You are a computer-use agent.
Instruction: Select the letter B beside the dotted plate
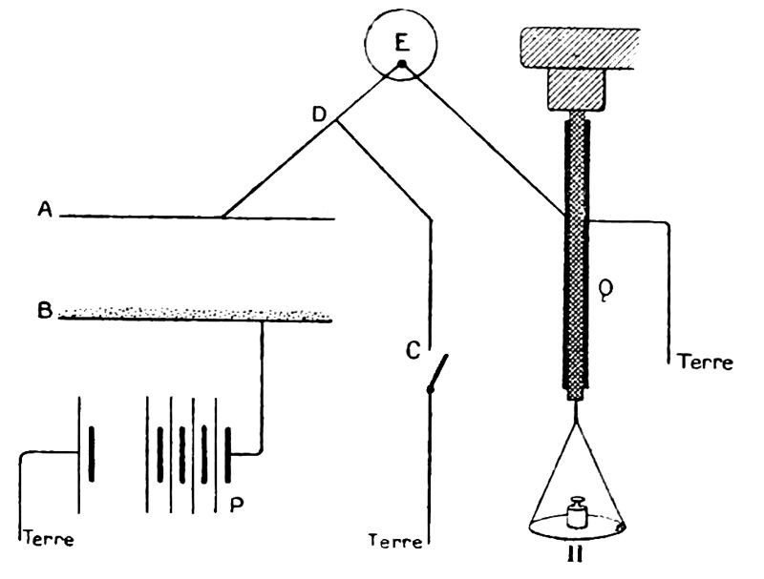tap(45, 310)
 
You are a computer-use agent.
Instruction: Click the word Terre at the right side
tap(704, 362)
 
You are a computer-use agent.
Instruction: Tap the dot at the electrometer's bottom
tap(402, 64)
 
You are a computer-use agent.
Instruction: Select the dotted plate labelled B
tap(196, 313)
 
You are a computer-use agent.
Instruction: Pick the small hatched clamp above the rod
tap(574, 93)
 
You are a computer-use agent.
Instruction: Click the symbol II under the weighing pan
tap(576, 554)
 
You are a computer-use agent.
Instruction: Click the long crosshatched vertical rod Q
tap(575, 258)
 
